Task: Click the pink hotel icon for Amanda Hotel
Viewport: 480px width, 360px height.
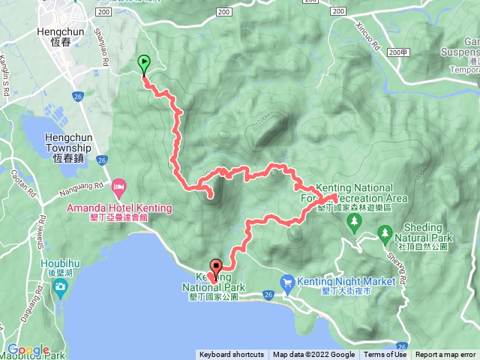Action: point(118,185)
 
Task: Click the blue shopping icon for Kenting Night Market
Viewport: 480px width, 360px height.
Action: point(287,282)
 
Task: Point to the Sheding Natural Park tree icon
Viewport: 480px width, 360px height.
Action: point(385,233)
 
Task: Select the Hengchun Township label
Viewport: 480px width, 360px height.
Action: point(67,142)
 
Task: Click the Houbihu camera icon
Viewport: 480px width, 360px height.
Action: point(60,289)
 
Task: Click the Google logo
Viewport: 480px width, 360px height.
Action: point(28,349)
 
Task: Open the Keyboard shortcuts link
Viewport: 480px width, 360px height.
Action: point(231,355)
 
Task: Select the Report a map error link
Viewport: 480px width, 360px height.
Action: point(446,355)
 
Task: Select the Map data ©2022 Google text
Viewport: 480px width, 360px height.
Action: point(313,355)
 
